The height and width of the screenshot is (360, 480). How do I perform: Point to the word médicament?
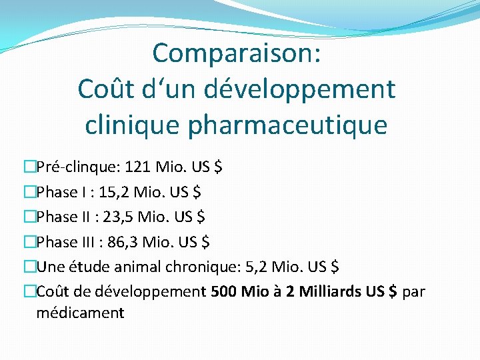(x=80, y=313)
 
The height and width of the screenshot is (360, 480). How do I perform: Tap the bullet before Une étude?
(x=30, y=267)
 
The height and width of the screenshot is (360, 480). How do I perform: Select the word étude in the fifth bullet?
(x=83, y=267)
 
